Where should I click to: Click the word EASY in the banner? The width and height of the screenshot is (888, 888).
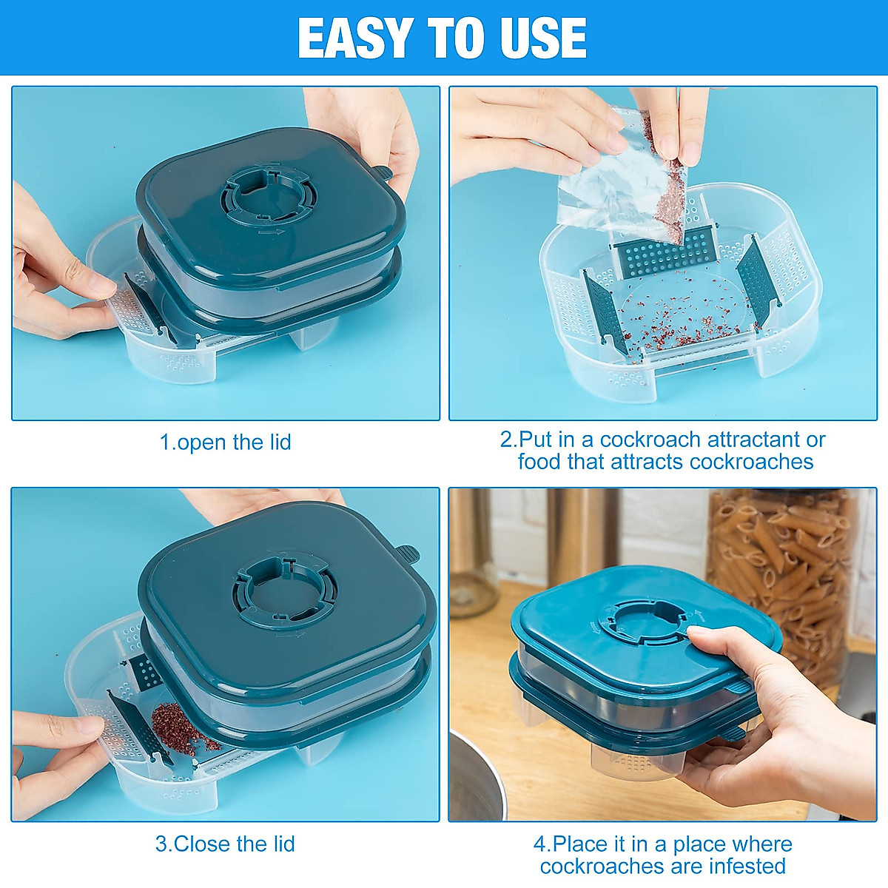tap(355, 38)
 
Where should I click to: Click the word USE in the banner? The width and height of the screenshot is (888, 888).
tap(543, 38)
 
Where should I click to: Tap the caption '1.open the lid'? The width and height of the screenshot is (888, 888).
tap(226, 443)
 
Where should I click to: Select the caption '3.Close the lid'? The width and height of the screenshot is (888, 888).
tap(225, 844)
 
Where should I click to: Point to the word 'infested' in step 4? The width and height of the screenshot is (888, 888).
tap(747, 866)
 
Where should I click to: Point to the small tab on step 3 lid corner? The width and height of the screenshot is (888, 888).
tap(406, 554)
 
